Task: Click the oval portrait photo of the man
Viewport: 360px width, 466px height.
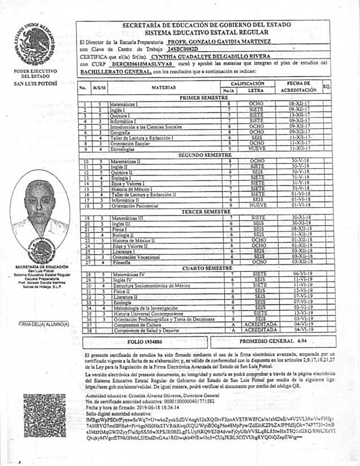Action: [x=40, y=207]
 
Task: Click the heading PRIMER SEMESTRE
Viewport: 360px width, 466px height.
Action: [x=202, y=98]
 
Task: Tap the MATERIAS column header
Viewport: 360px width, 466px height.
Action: [x=164, y=88]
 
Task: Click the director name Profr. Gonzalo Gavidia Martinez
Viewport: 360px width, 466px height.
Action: [x=227, y=42]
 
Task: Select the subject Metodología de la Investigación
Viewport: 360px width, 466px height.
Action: [x=145, y=307]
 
